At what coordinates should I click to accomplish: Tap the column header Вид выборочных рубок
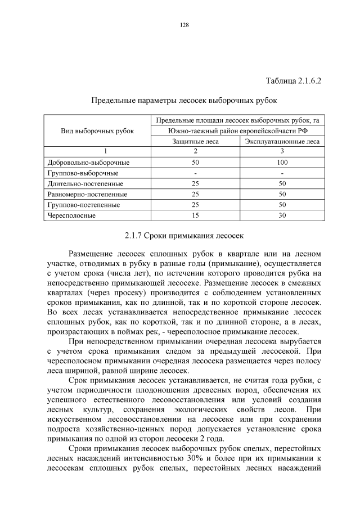[97, 130]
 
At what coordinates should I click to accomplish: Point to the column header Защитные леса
[195, 141]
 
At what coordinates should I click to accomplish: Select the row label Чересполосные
[71, 215]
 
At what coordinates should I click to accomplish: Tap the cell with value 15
[195, 215]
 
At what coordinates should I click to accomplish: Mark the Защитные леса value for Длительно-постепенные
[195, 183]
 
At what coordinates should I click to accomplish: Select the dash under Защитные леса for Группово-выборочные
[195, 173]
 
